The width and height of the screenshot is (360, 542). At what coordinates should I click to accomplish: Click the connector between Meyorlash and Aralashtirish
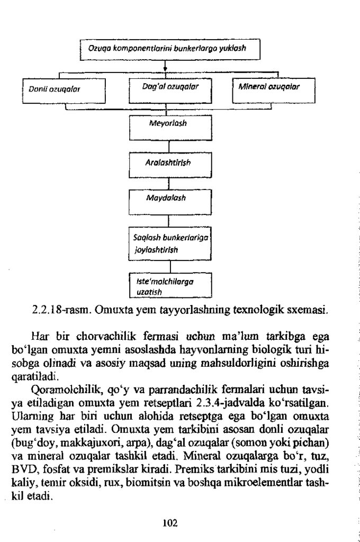click(x=168, y=146)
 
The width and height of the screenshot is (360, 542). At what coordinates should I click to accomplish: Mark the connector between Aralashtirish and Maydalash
click(x=168, y=184)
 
